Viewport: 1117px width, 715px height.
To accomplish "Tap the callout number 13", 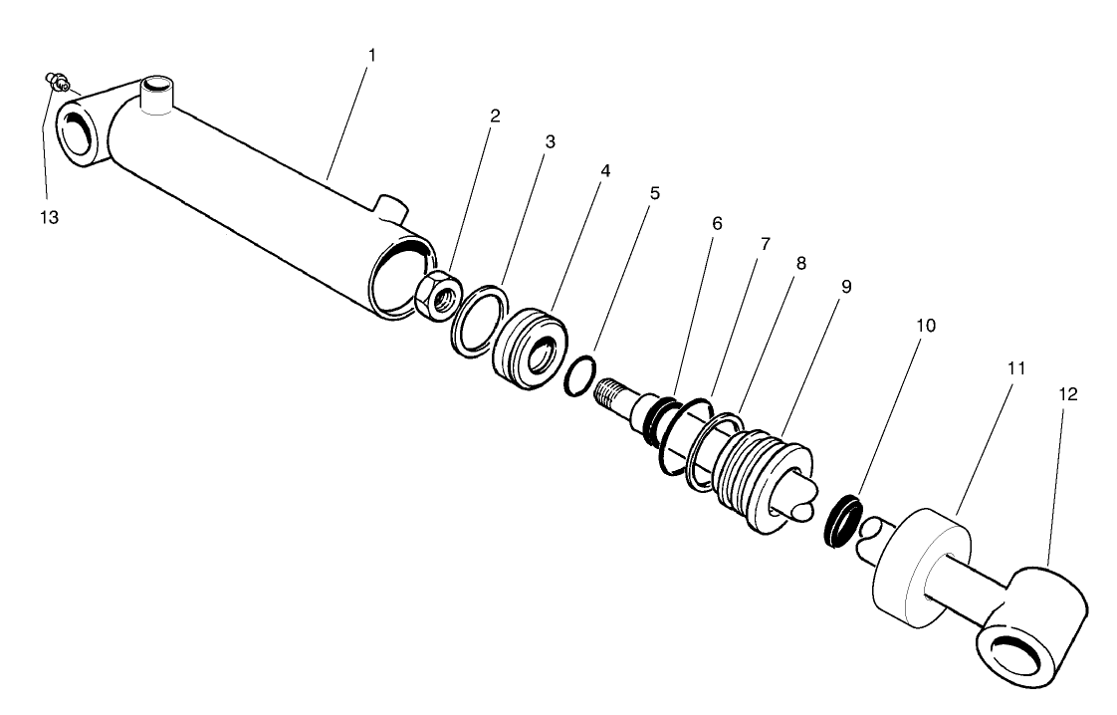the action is pos(49,217).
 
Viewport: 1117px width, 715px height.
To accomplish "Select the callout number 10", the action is pos(927,326).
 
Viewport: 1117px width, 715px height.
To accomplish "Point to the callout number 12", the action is pos(1067,395).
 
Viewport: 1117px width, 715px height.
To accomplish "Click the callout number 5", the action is pos(654,192).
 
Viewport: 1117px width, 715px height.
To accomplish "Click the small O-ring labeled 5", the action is pos(579,378).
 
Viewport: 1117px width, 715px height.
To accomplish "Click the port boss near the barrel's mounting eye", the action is pos(156,96).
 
